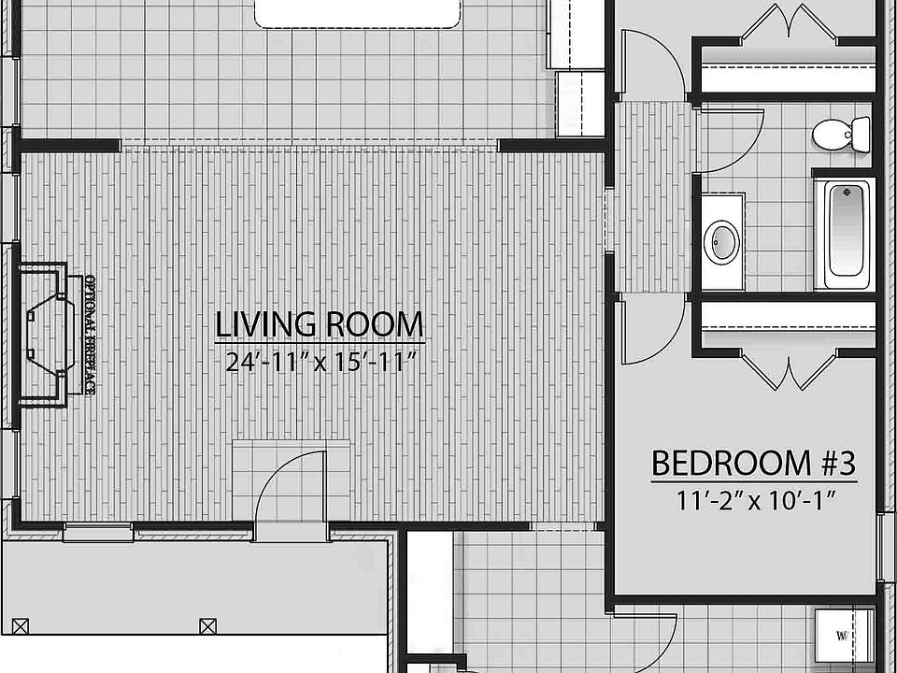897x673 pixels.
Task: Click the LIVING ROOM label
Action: coord(320,324)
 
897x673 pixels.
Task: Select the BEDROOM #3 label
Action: coord(753,463)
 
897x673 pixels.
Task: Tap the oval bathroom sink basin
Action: coord(721,242)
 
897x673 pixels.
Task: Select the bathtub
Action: coord(845,234)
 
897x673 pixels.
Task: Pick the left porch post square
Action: coord(23,624)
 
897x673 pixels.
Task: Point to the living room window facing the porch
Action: coord(98,533)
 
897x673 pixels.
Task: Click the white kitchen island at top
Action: coord(359,11)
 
